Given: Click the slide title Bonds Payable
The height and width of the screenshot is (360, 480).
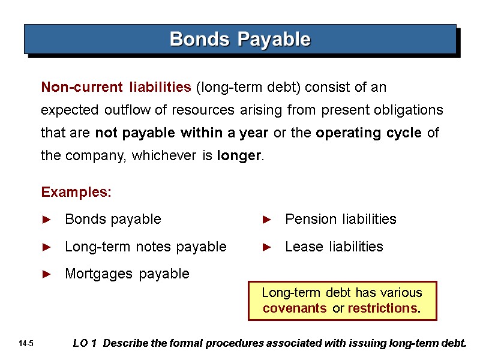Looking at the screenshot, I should click(x=240, y=40).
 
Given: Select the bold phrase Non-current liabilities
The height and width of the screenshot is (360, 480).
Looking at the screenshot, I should click(x=116, y=88).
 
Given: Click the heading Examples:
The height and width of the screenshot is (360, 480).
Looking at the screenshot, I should click(x=76, y=193).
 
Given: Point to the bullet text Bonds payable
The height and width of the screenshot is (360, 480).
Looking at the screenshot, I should click(x=113, y=220).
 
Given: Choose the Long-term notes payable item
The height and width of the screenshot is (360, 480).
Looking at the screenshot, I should click(x=146, y=247).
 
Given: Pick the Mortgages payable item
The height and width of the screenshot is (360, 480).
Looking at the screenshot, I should click(x=127, y=274).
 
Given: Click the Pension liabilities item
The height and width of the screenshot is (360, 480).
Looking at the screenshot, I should click(x=341, y=220).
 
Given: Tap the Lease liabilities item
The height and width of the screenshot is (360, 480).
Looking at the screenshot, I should click(x=334, y=247).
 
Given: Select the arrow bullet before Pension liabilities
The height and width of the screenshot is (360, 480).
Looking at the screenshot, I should click(x=267, y=220).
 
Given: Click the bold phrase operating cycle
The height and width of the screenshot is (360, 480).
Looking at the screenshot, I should click(x=368, y=133).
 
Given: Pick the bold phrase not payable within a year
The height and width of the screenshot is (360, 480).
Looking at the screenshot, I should click(x=182, y=133).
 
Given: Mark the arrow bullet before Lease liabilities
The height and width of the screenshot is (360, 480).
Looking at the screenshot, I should click(x=267, y=247).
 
